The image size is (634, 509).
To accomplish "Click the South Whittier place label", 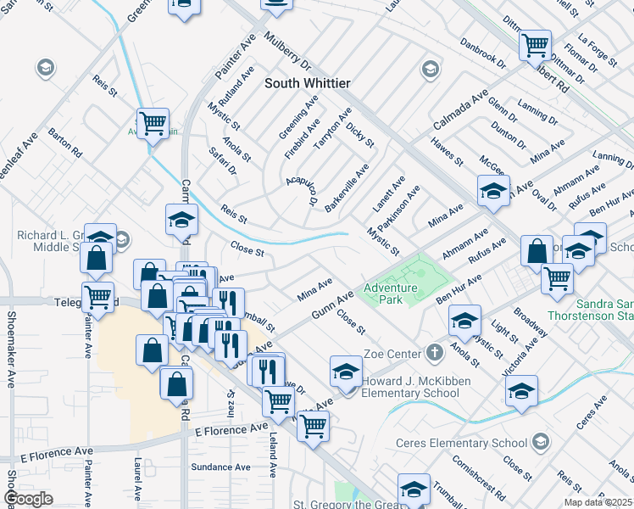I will tap(308, 83).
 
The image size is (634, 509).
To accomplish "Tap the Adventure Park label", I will tap(391, 294).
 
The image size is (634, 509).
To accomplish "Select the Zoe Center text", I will tap(392, 353).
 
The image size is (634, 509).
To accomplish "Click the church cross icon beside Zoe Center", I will tap(434, 352).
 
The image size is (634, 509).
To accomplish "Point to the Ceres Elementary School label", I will tap(462, 443).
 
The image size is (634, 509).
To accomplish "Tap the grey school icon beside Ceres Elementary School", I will tap(542, 442).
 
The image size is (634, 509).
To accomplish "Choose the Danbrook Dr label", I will tap(482, 53).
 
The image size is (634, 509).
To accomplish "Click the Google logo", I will tap(29, 499).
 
